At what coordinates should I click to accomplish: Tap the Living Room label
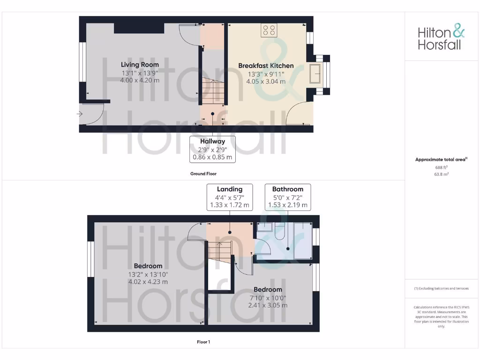140,65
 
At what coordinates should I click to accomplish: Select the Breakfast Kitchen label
266,66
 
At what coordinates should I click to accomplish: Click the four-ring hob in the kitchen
269,30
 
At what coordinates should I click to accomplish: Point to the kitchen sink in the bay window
316,74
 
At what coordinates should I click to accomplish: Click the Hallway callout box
212,149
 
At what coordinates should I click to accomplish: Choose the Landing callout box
229,197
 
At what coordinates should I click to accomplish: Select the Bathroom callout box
288,197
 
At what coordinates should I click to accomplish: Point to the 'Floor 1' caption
203,342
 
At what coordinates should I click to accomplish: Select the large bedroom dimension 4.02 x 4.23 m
148,282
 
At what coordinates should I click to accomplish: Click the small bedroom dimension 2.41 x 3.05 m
268,305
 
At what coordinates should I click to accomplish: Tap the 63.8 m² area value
441,174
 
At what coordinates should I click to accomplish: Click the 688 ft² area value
441,167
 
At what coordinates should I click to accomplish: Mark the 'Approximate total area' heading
441,160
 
